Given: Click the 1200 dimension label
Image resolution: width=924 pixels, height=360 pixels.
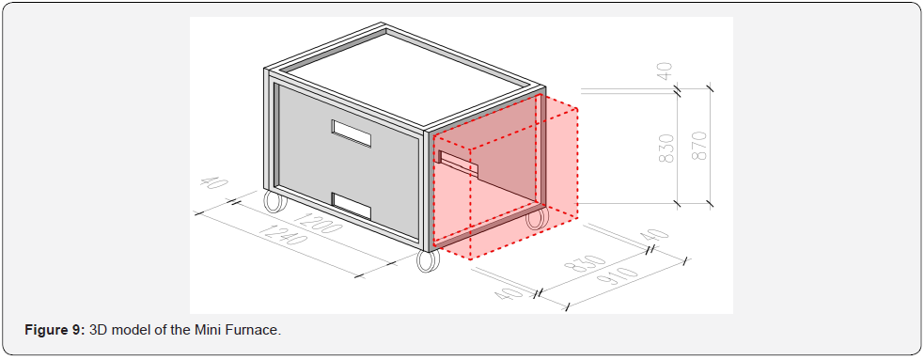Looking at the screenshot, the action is click(317, 224).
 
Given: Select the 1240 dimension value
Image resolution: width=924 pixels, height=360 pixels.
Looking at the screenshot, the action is click(282, 236).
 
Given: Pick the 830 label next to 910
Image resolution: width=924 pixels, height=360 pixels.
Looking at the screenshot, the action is click(586, 269).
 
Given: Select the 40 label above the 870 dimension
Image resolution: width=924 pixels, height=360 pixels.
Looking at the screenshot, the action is click(665, 71).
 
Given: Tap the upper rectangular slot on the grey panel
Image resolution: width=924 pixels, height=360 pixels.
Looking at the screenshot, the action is click(352, 133).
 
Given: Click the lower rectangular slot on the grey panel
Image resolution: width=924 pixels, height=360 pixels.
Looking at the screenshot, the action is click(352, 206).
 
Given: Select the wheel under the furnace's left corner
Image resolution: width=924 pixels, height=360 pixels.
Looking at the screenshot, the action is click(274, 201).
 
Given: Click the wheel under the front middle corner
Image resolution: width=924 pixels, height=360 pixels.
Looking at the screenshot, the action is click(428, 260).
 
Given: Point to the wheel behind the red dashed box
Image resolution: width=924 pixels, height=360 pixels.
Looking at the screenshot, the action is click(536, 217).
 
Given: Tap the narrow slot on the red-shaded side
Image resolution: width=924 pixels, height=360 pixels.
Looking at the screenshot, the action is click(457, 164).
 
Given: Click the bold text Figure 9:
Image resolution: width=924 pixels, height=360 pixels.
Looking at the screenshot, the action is click(55, 330).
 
